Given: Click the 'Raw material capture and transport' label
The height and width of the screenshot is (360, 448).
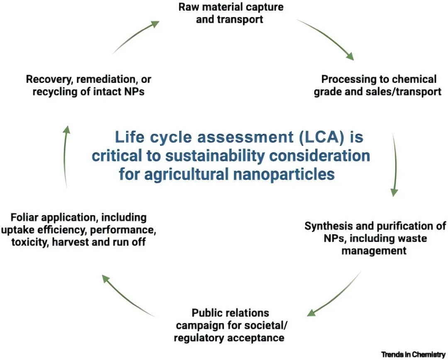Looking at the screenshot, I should tap(231, 13).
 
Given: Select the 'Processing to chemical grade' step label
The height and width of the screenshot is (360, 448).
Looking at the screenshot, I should tap(377, 85).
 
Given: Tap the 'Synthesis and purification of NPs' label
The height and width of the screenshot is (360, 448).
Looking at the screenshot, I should tap(375, 238).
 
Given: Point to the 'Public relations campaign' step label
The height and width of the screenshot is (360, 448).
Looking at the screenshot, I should tap(229, 325).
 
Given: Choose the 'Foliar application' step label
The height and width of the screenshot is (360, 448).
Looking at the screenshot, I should tap(78, 229).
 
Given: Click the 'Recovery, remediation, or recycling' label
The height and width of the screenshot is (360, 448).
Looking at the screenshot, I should tap(88, 85).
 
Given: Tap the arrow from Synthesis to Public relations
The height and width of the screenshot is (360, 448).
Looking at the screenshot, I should tap(334, 294).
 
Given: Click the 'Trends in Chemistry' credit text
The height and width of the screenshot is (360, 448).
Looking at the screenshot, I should tap(414, 354).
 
